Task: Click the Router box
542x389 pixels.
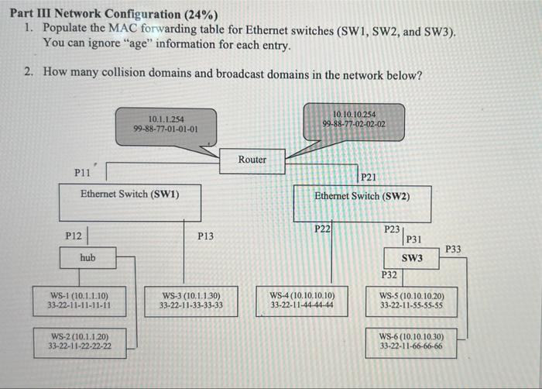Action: point(252,160)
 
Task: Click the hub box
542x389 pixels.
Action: point(88,258)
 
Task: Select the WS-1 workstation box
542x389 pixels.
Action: point(79,300)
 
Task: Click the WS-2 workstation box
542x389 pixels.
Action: point(80,342)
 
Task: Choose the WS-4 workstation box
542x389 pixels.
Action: point(302,300)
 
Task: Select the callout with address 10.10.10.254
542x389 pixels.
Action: point(354,119)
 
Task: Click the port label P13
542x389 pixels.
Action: point(205,236)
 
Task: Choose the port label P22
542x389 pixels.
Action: point(322,229)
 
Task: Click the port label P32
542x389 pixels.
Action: point(389,275)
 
